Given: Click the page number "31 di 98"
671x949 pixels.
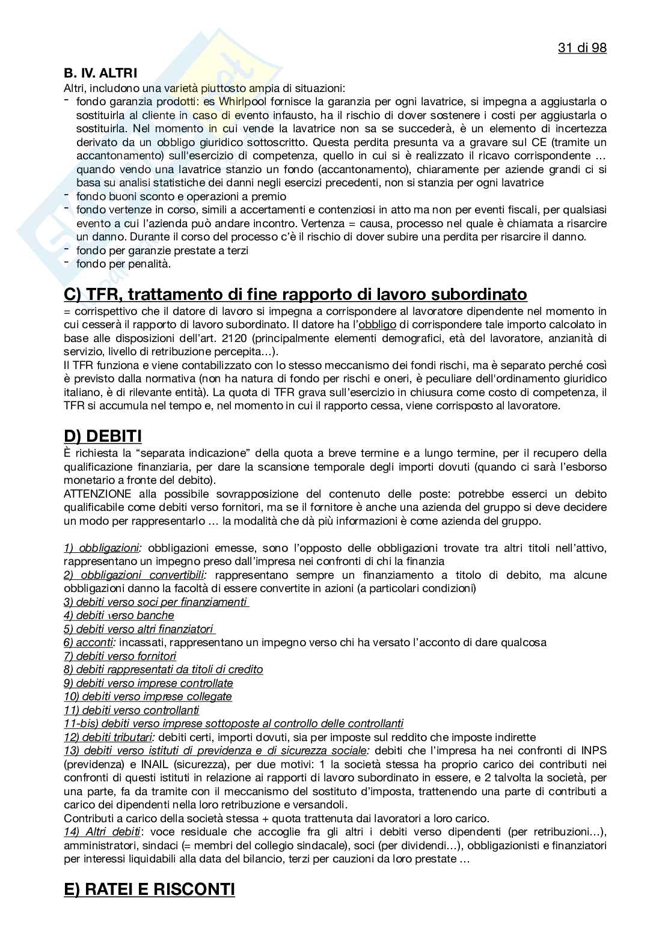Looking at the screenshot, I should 582,48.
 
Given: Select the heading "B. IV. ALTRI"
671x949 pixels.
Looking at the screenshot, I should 100,74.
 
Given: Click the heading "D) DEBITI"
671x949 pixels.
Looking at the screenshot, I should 102,436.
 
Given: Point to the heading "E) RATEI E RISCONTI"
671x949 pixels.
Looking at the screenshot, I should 149,889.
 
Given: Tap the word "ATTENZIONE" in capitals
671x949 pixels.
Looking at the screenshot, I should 97,494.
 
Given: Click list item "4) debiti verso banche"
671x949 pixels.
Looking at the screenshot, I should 119,615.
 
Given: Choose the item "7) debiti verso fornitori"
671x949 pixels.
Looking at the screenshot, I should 120,656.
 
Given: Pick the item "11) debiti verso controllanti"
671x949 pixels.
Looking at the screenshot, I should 132,710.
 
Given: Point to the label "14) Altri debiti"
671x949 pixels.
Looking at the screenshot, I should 102,832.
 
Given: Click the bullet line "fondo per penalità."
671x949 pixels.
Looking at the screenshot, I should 124,264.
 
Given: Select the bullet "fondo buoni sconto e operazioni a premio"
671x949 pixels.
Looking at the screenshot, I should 181,197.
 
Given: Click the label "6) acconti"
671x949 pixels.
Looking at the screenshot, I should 90,642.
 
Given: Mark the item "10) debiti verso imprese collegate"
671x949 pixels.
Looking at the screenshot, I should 148,697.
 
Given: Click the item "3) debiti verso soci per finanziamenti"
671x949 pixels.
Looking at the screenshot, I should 156,602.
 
